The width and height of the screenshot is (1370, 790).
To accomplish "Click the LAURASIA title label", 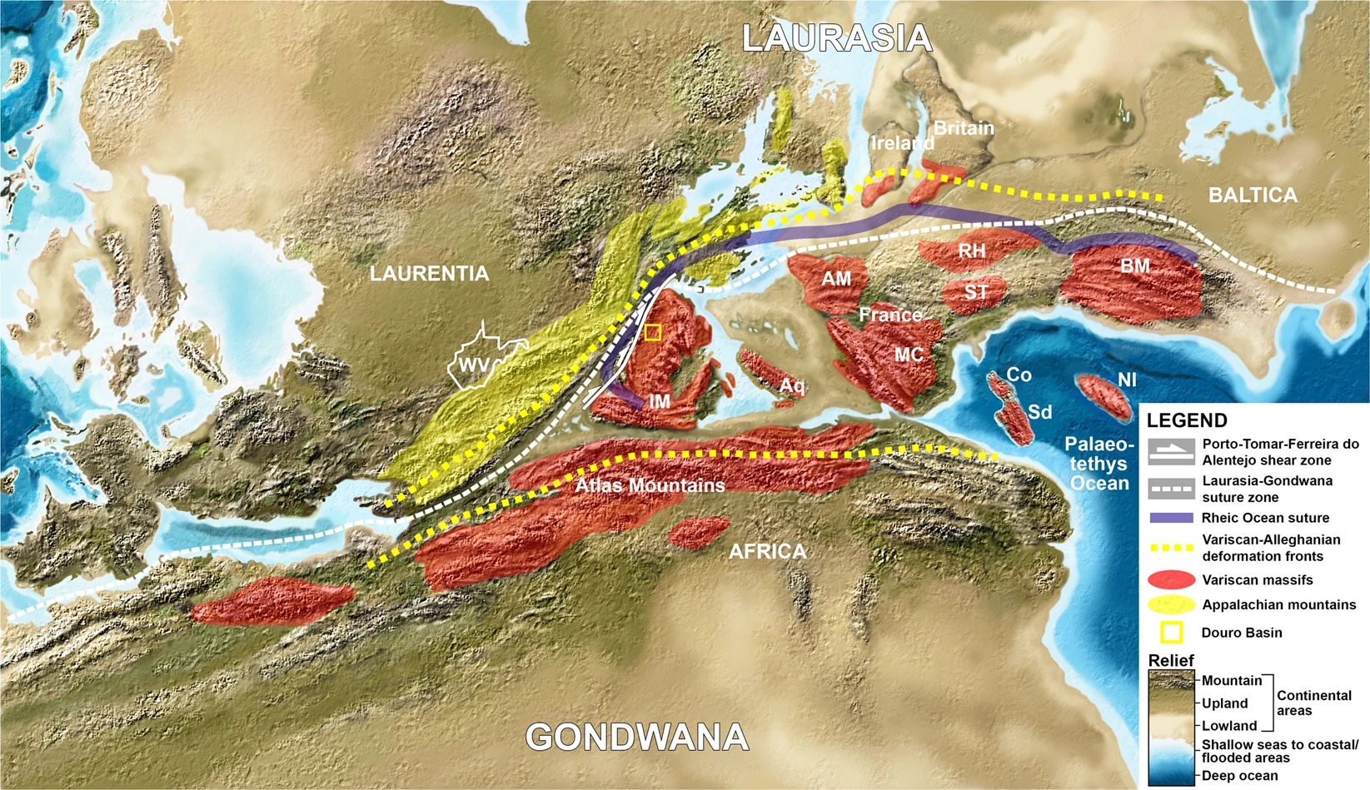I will [836, 39].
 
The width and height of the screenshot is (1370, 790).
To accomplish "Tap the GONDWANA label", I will [637, 738].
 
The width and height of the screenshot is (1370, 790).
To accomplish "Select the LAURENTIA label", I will [429, 274].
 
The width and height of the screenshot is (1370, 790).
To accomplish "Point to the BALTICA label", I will [1253, 196].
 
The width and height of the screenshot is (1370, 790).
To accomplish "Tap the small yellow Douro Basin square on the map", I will [653, 333].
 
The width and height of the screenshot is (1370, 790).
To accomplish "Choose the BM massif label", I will [1135, 266].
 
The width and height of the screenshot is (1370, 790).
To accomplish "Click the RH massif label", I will [971, 251].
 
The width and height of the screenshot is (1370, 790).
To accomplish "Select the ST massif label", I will [975, 292].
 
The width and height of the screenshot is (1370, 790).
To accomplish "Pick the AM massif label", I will [836, 279].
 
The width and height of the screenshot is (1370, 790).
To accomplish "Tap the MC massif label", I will [909, 355].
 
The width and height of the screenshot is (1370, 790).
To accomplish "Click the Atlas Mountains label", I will [650, 485].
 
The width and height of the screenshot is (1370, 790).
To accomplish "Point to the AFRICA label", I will [767, 551].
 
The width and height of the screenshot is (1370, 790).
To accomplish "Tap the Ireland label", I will [901, 143].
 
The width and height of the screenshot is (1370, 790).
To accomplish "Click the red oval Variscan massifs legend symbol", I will [1171, 579].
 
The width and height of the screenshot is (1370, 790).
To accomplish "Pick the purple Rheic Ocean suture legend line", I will [1171, 518].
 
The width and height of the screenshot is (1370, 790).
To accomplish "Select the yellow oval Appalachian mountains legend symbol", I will [1171, 604].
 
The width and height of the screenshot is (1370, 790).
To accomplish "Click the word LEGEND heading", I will [1187, 420].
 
